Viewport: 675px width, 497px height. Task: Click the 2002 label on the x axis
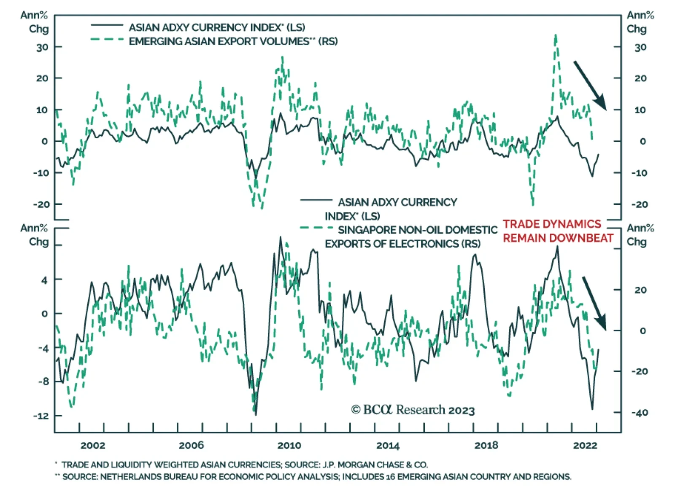point(93,446)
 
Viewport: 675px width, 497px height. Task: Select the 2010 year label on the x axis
point(289,446)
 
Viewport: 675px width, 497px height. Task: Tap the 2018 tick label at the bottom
point(486,446)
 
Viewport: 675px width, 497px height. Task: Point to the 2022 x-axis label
point(585,446)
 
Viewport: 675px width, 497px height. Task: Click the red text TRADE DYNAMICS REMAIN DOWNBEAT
point(557,231)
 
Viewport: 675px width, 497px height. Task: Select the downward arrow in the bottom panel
point(594,303)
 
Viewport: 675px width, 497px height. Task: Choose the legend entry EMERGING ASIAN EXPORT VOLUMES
point(233,41)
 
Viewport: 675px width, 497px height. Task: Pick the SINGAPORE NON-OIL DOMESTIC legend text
point(418,230)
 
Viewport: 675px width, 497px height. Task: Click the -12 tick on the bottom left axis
point(41,416)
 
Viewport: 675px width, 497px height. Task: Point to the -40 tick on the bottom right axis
point(640,413)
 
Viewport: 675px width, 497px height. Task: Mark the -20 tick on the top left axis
point(41,204)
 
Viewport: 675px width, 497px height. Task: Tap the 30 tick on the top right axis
point(640,47)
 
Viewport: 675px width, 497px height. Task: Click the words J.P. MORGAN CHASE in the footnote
point(375,465)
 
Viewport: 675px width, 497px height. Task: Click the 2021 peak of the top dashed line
point(556,36)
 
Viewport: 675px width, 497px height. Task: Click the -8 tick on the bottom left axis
point(43,381)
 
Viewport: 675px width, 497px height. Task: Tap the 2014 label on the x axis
point(388,446)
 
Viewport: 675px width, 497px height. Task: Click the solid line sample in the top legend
point(107,26)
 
